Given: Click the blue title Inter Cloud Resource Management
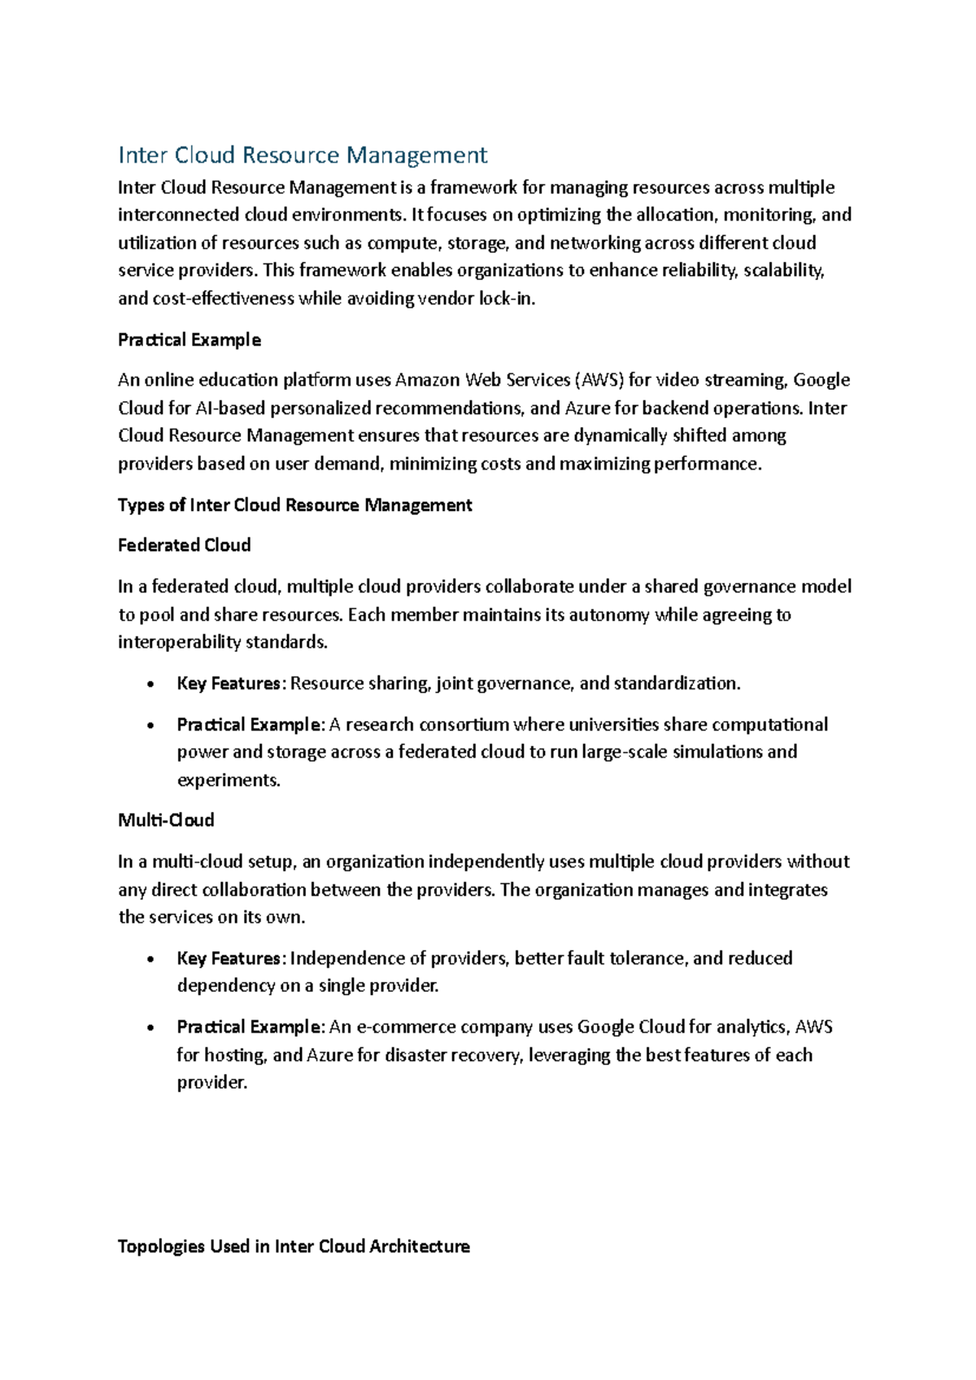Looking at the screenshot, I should tap(303, 155).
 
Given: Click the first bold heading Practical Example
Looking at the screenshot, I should tap(189, 340).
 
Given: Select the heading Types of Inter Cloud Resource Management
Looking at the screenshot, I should tap(294, 505).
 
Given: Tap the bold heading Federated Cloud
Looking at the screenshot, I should tap(184, 545).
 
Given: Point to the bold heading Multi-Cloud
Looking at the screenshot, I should tap(166, 820).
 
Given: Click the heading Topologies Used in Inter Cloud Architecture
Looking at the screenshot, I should tap(294, 1247).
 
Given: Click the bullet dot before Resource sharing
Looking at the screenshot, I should tap(150, 684).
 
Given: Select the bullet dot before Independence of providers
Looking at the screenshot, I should tap(150, 959).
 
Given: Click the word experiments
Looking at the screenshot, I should tap(229, 780).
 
